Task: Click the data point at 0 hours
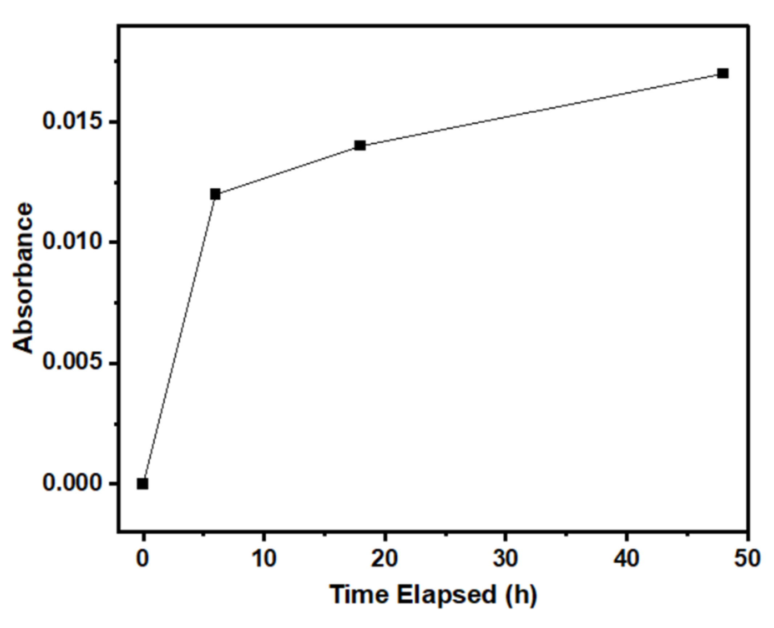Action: [x=143, y=484]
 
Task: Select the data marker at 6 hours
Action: [x=215, y=194]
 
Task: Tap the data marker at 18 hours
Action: [x=360, y=146]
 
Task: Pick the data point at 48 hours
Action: [x=723, y=74]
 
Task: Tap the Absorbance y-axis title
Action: [x=23, y=278]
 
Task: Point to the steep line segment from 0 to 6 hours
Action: [x=179, y=339]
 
